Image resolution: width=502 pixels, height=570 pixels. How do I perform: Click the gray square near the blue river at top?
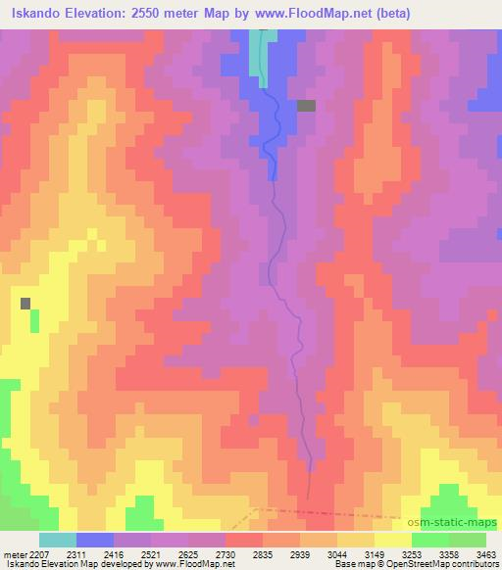coord(306,106)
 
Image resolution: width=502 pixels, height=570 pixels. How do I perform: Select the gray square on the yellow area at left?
coord(25,304)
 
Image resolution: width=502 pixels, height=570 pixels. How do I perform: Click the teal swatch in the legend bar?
coord(57,540)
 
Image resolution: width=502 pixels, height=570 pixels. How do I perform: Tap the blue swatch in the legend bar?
coord(95,540)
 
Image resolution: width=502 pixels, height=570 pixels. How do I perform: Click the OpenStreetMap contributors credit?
coord(440,564)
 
